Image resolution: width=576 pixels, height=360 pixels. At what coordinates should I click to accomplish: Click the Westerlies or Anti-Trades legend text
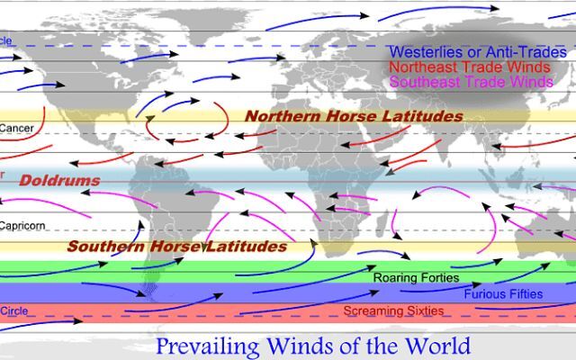coord(477,52)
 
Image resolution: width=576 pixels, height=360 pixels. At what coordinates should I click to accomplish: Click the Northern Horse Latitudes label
coord(354,117)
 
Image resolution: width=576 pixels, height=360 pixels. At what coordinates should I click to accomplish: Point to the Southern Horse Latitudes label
coord(177,246)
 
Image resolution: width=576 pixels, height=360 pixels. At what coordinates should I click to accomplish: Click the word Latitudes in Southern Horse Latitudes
coord(247,246)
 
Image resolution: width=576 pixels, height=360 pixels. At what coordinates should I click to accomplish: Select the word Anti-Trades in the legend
coord(526,52)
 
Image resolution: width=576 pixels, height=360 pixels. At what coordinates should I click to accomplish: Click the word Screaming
coord(375,311)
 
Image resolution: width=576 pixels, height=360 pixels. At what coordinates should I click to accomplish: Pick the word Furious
coord(486,294)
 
